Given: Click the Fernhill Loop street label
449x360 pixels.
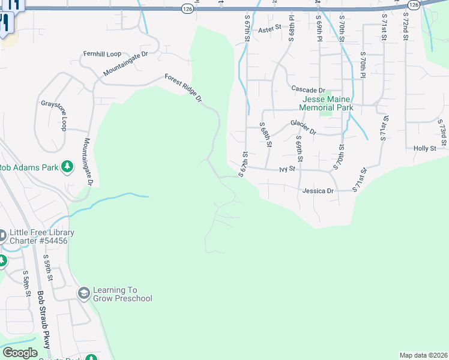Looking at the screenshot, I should click(x=102, y=53).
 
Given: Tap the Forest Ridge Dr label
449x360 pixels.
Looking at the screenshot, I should click(x=184, y=88).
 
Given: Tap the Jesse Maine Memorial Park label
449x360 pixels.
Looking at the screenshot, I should click(x=327, y=103).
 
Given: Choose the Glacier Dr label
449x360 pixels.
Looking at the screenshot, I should click(x=303, y=126).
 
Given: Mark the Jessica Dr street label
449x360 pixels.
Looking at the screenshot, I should click(x=318, y=190).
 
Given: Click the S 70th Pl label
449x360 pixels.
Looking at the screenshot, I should click(x=363, y=65).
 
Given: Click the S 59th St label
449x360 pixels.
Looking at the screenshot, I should click(x=49, y=268).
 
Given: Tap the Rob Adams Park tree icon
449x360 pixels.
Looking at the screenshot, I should click(x=67, y=166).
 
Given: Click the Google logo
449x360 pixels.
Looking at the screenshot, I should click(x=20, y=353).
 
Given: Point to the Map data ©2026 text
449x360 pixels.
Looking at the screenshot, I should click(x=423, y=355).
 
